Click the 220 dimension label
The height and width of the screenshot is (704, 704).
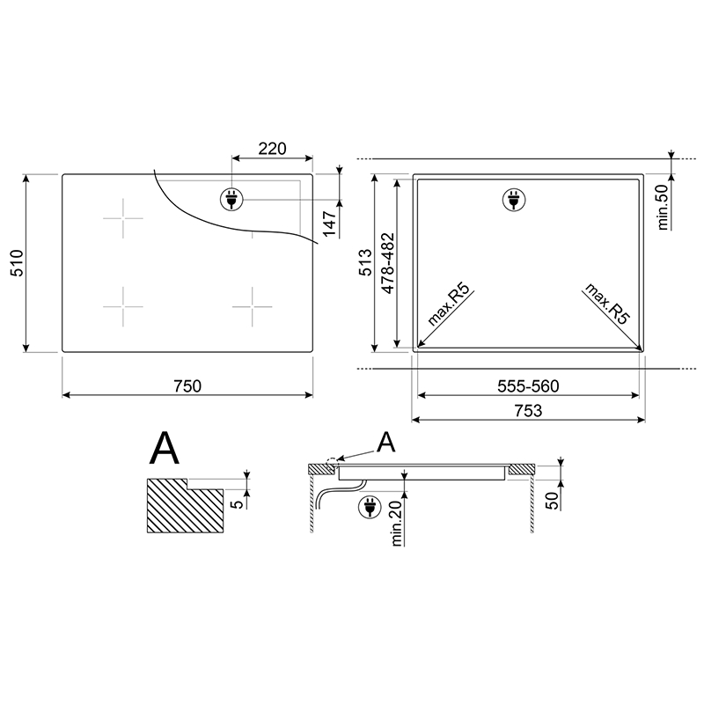click(x=272, y=149)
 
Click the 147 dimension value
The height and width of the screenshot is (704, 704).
click(x=330, y=224)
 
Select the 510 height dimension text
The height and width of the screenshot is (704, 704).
click(x=17, y=263)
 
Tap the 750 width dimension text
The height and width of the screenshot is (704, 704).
click(x=187, y=385)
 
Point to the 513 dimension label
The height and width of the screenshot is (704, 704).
click(x=365, y=262)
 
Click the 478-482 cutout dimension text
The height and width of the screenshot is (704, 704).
click(x=387, y=263)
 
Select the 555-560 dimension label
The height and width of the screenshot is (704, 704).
click(x=529, y=385)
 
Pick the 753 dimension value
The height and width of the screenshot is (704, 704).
click(x=529, y=410)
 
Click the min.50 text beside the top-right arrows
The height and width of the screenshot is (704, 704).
click(x=664, y=208)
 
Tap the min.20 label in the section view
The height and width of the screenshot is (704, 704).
click(x=397, y=523)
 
